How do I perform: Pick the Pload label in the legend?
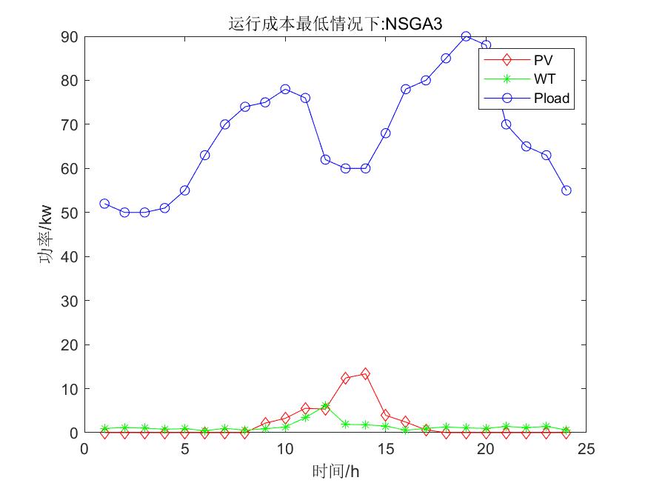coord(552,97)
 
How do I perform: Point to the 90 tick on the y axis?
coord(70,36)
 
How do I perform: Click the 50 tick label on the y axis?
coord(70,213)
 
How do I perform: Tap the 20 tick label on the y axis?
coord(70,344)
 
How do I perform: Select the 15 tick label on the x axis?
coord(385,448)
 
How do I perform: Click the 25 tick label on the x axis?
coord(586,448)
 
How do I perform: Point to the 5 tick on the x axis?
coord(184,448)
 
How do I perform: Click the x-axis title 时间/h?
coord(335,471)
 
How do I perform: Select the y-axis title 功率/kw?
coord(45,234)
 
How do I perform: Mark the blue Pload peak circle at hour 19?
coord(466,36)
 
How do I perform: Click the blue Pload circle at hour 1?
coord(104,204)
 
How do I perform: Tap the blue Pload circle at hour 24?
coord(567,190)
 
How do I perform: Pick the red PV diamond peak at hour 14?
coord(365,374)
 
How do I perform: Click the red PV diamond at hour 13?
coord(345,378)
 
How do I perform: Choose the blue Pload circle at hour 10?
coord(285,89)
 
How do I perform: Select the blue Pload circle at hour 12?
coord(325,159)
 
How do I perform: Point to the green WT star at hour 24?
coord(567,430)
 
